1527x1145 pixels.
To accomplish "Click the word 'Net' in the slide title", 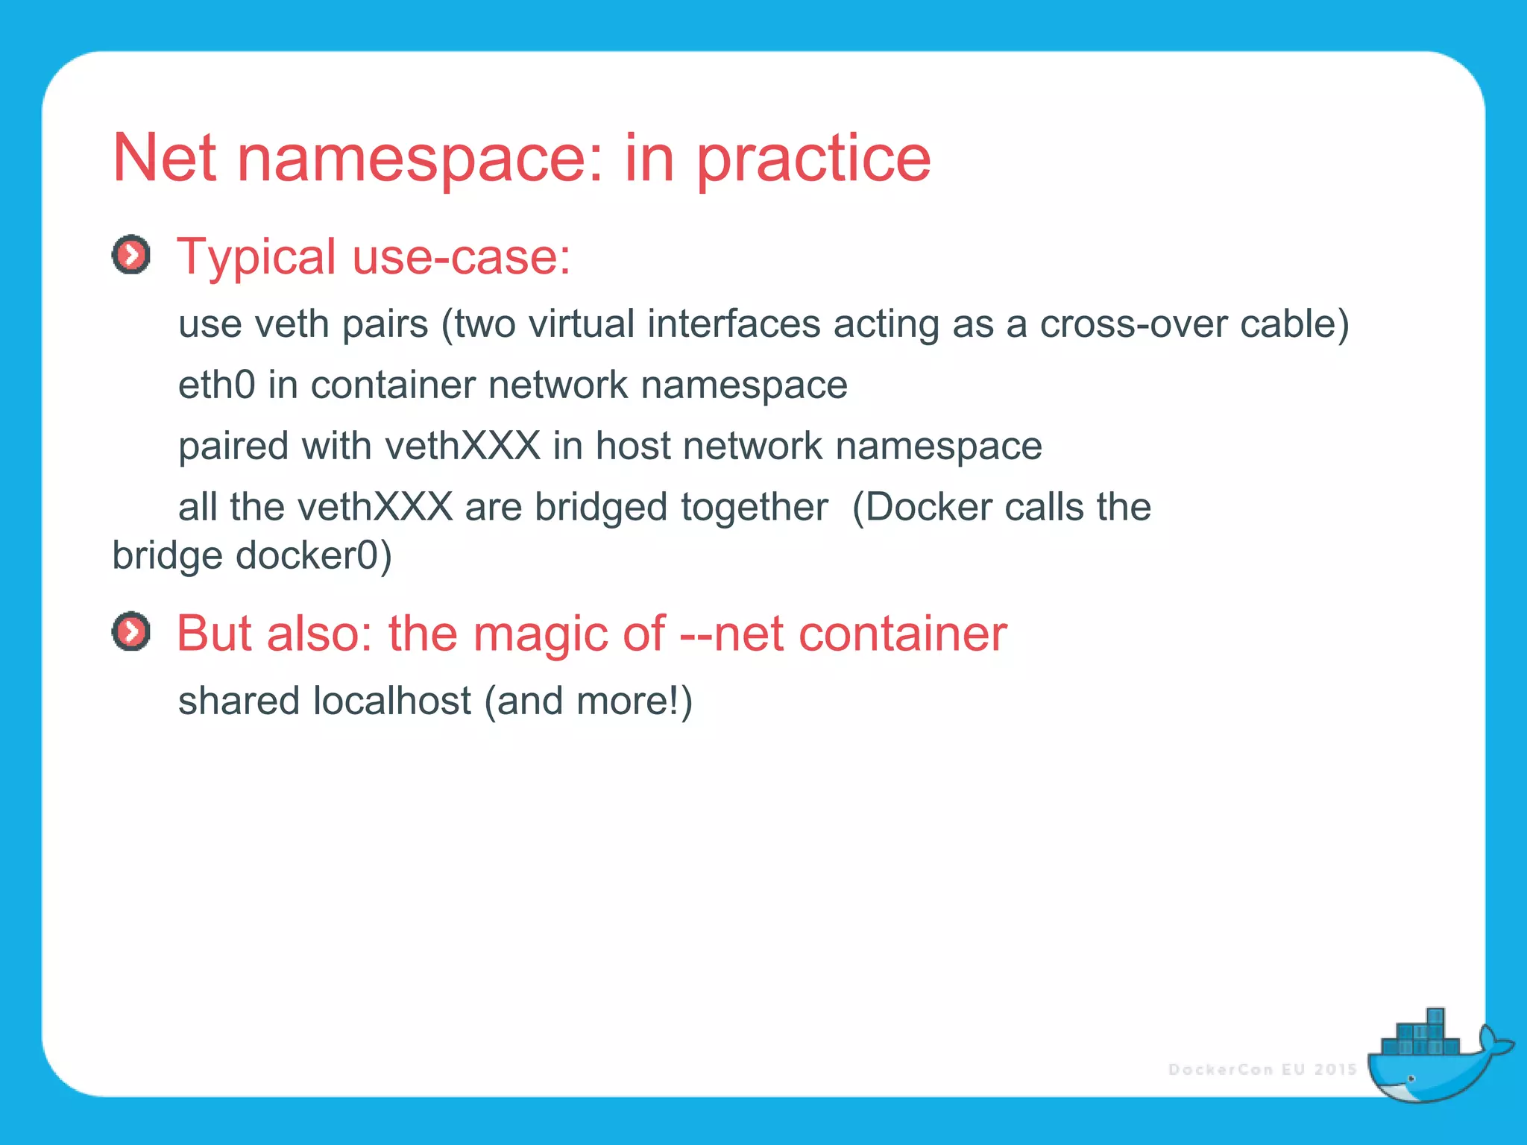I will pos(164,158).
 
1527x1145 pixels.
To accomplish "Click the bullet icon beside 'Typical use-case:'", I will pos(131,255).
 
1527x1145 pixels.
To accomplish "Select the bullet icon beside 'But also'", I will pos(131,632).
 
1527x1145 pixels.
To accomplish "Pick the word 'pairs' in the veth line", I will pos(385,325).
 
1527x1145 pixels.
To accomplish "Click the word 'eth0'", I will pos(216,385).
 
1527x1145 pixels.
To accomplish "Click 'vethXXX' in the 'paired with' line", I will pos(462,446).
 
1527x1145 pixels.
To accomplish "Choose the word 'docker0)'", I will pos(313,556).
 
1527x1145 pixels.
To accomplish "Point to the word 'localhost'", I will pos(391,701).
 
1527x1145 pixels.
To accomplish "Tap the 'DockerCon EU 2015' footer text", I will pos(1262,1070).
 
